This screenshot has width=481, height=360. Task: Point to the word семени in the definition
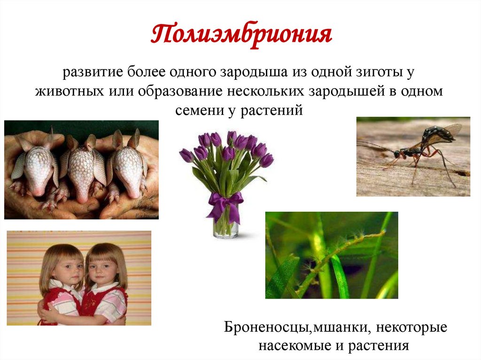(x=196, y=110)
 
